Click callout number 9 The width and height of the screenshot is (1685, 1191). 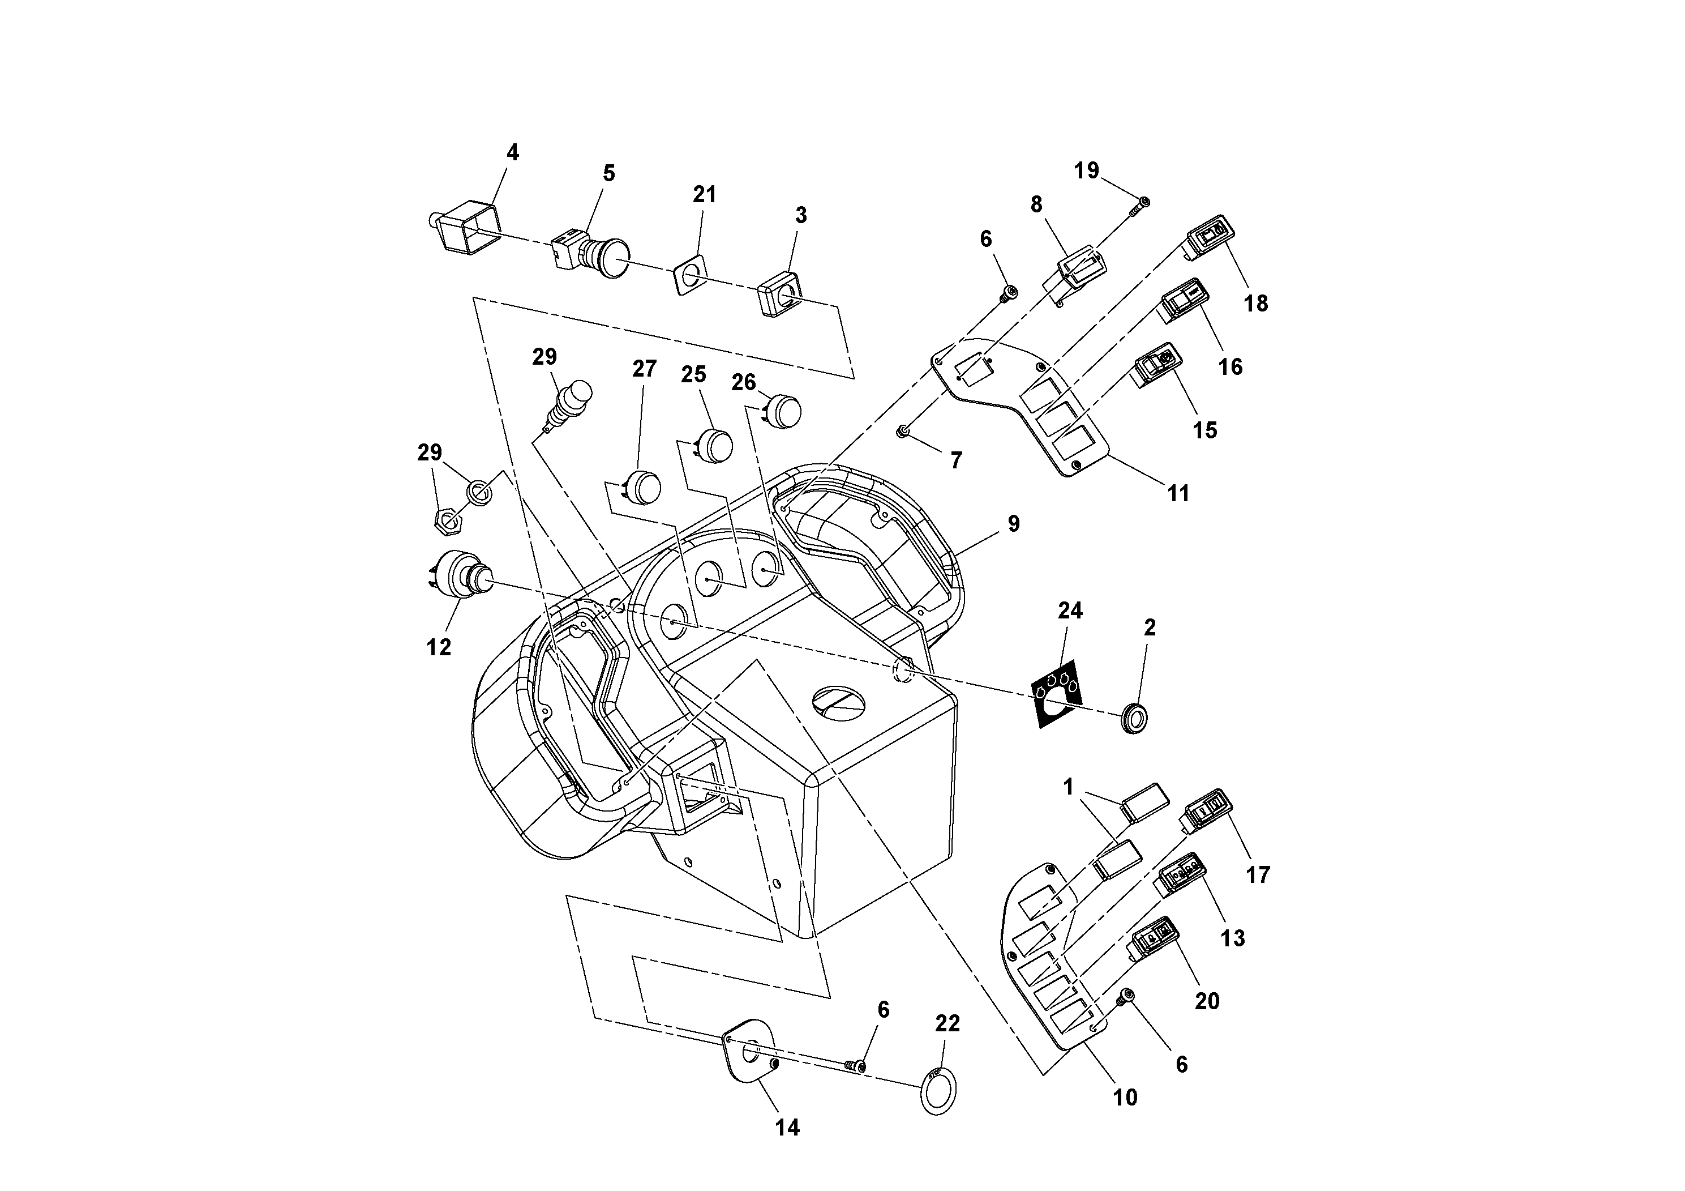coord(1014,524)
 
